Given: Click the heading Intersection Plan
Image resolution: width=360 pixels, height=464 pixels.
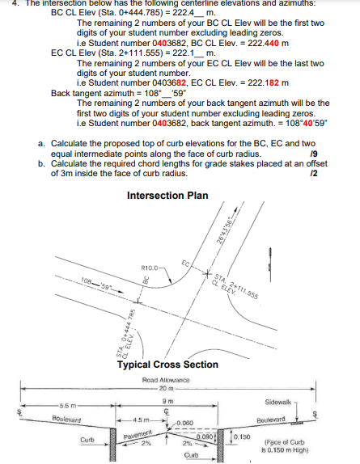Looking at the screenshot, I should (x=167, y=196).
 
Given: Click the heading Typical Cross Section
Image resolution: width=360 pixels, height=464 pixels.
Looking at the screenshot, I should (x=168, y=365).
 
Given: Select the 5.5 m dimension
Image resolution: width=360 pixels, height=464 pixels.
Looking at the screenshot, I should (x=67, y=403).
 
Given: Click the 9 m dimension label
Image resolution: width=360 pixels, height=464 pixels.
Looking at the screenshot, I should (x=167, y=394).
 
